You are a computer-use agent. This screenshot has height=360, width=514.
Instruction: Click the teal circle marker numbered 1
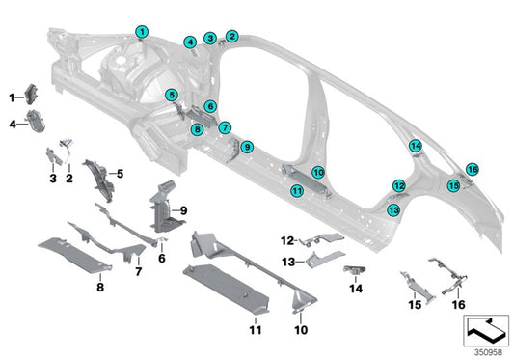pyautogui.click(x=142, y=32)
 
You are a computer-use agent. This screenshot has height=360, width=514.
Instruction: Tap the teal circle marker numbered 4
pyautogui.click(x=190, y=42)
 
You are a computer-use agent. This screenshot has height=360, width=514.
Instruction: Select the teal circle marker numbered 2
pyautogui.click(x=231, y=36)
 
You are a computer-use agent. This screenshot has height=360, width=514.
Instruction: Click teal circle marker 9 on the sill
pyautogui.click(x=247, y=147)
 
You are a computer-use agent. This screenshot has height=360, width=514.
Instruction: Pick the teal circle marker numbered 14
pyautogui.click(x=415, y=146)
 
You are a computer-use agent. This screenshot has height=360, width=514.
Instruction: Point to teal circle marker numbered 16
pyautogui.click(x=472, y=169)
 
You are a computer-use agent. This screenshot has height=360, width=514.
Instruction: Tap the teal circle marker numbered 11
pyautogui.click(x=297, y=191)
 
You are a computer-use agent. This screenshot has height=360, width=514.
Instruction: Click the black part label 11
pyautogui.click(x=255, y=330)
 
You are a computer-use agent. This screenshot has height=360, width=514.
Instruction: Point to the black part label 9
pyautogui.click(x=183, y=209)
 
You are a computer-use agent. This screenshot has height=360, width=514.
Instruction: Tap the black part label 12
pyautogui.click(x=287, y=239)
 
